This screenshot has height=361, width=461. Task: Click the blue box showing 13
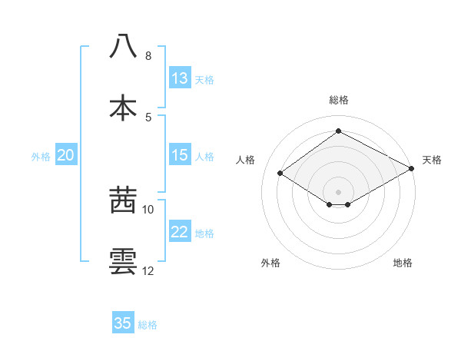tap(180, 78)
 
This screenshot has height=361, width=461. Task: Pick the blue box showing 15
tap(180, 155)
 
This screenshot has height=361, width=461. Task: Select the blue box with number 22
tap(180, 232)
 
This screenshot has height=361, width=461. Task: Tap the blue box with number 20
tap(66, 155)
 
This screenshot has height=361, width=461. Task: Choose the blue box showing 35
tap(123, 323)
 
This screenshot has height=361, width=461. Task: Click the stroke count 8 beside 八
tap(148, 56)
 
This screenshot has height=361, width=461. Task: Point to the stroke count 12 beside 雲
tap(148, 271)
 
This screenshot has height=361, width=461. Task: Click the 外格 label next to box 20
tap(41, 156)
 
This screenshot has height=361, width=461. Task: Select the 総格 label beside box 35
tap(148, 324)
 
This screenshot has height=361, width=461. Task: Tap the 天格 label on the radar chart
tap(432, 160)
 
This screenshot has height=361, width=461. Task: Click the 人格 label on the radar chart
tap(246, 160)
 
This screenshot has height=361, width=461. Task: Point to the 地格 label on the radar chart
tap(403, 263)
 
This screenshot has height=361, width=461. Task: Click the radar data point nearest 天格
tap(413, 168)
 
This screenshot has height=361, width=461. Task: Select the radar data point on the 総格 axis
tap(338, 131)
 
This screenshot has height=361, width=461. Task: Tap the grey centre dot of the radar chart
tap(338, 191)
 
